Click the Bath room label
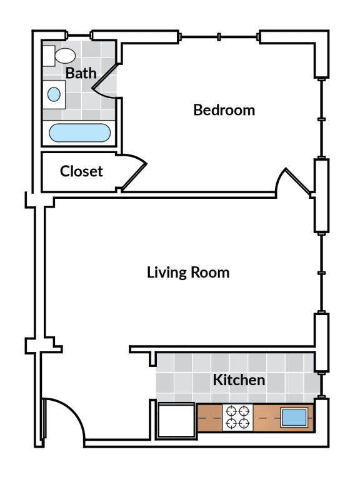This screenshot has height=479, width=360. (x=81, y=73)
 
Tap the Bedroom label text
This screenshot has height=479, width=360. (x=224, y=110)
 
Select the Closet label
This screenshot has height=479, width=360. (x=81, y=171)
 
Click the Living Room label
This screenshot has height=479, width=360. (x=188, y=273)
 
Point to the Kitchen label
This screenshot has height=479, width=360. (x=239, y=380)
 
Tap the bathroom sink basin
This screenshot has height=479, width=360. (x=54, y=94)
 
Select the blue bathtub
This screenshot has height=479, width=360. (x=80, y=133)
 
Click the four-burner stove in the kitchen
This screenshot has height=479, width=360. (x=237, y=417)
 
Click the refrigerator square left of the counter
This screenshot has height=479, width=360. (x=175, y=421)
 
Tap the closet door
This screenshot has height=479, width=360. (x=134, y=175)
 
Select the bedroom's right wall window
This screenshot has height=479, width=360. (x=321, y=118)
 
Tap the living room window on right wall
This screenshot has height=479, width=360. (x=321, y=273)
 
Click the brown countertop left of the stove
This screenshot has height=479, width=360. (x=209, y=417)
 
